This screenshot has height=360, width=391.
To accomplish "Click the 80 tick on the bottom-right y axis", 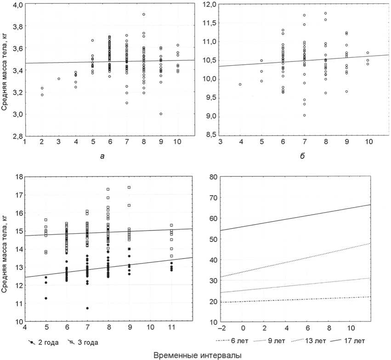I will pos(213,177).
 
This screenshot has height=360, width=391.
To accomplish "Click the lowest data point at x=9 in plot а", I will pos(161,114).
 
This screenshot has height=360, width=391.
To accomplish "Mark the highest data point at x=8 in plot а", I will pos(144,14).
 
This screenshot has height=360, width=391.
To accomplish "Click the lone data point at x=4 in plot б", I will pos(240,84).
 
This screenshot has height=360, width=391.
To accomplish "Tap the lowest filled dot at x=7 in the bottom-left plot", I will pos(87,308).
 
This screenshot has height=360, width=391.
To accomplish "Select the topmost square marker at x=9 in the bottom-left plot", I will pos(129,187).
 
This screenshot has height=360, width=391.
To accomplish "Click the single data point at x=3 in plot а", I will pos(59,79).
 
